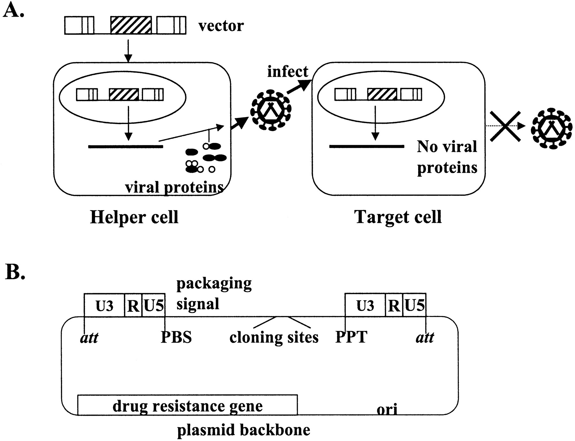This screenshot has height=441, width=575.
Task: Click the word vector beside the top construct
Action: (221, 26)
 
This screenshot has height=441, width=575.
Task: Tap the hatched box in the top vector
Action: (131, 25)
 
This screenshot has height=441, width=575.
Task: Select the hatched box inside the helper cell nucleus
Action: (124, 95)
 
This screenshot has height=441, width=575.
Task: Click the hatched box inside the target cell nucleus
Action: (382, 94)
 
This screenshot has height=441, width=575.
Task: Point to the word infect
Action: (287, 71)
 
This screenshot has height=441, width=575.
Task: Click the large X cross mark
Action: (506, 126)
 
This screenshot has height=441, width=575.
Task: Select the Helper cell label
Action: (134, 217)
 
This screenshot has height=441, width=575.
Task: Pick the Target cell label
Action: (398, 217)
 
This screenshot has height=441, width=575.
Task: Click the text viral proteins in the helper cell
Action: (174, 187)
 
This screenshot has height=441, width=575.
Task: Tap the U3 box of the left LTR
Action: (104, 306)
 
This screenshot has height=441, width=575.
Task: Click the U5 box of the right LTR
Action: (414, 306)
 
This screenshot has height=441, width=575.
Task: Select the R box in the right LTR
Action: (394, 306)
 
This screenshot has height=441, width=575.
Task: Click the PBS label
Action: (176, 337)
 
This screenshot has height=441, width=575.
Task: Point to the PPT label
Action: (351, 337)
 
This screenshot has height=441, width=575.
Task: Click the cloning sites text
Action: (274, 337)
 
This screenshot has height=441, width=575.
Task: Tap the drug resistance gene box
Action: (187, 406)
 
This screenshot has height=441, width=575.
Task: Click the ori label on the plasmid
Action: (387, 409)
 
